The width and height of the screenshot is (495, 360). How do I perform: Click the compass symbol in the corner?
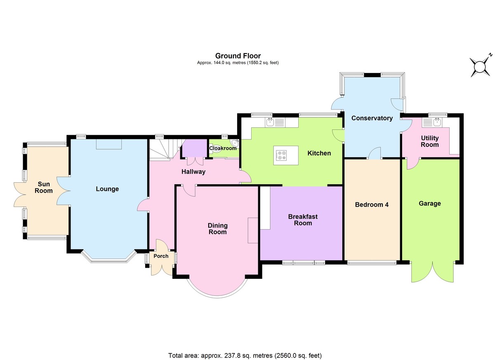click(x=480, y=66)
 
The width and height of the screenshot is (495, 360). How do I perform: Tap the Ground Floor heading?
click(x=238, y=56)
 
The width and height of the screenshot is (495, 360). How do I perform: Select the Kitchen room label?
click(x=319, y=153)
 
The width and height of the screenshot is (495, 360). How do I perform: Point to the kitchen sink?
click(x=270, y=122)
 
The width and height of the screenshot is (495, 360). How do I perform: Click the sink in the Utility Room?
click(x=437, y=122)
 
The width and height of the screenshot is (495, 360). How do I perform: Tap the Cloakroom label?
click(x=223, y=148)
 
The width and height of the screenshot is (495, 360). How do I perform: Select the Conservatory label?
click(x=372, y=118)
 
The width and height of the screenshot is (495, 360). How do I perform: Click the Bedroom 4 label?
click(x=372, y=205)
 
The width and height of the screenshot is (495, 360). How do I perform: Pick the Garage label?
click(x=429, y=203)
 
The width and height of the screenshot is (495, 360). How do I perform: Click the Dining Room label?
click(x=217, y=229)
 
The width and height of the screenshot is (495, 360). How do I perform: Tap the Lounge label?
click(x=107, y=189)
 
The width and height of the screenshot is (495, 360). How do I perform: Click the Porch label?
click(x=161, y=256)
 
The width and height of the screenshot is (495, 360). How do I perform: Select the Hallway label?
click(x=193, y=172)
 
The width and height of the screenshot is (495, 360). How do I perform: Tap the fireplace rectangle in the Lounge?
click(x=109, y=144)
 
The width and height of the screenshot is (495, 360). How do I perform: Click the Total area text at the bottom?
click(x=245, y=355)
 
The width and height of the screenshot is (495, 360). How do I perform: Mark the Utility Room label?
click(x=429, y=141)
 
